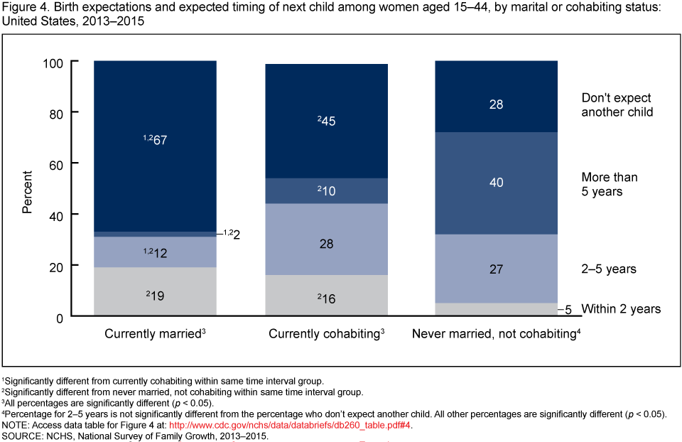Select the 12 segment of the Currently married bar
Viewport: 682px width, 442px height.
click(x=155, y=252)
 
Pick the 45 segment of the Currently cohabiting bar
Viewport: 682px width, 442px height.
click(x=327, y=121)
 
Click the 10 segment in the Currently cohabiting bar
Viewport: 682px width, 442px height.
click(x=327, y=190)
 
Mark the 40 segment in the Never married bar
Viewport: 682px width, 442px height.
click(x=496, y=183)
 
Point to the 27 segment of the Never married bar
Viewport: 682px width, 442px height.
click(x=496, y=269)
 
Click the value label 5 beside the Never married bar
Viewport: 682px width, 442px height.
click(x=568, y=310)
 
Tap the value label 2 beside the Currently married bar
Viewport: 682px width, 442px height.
click(x=236, y=234)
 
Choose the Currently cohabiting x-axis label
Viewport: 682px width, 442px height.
click(x=326, y=333)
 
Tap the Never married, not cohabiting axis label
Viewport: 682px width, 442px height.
click(x=496, y=333)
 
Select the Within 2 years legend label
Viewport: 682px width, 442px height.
click(x=621, y=308)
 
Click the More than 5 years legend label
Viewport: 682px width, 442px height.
click(x=610, y=184)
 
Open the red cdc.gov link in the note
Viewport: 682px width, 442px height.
click(x=290, y=426)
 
